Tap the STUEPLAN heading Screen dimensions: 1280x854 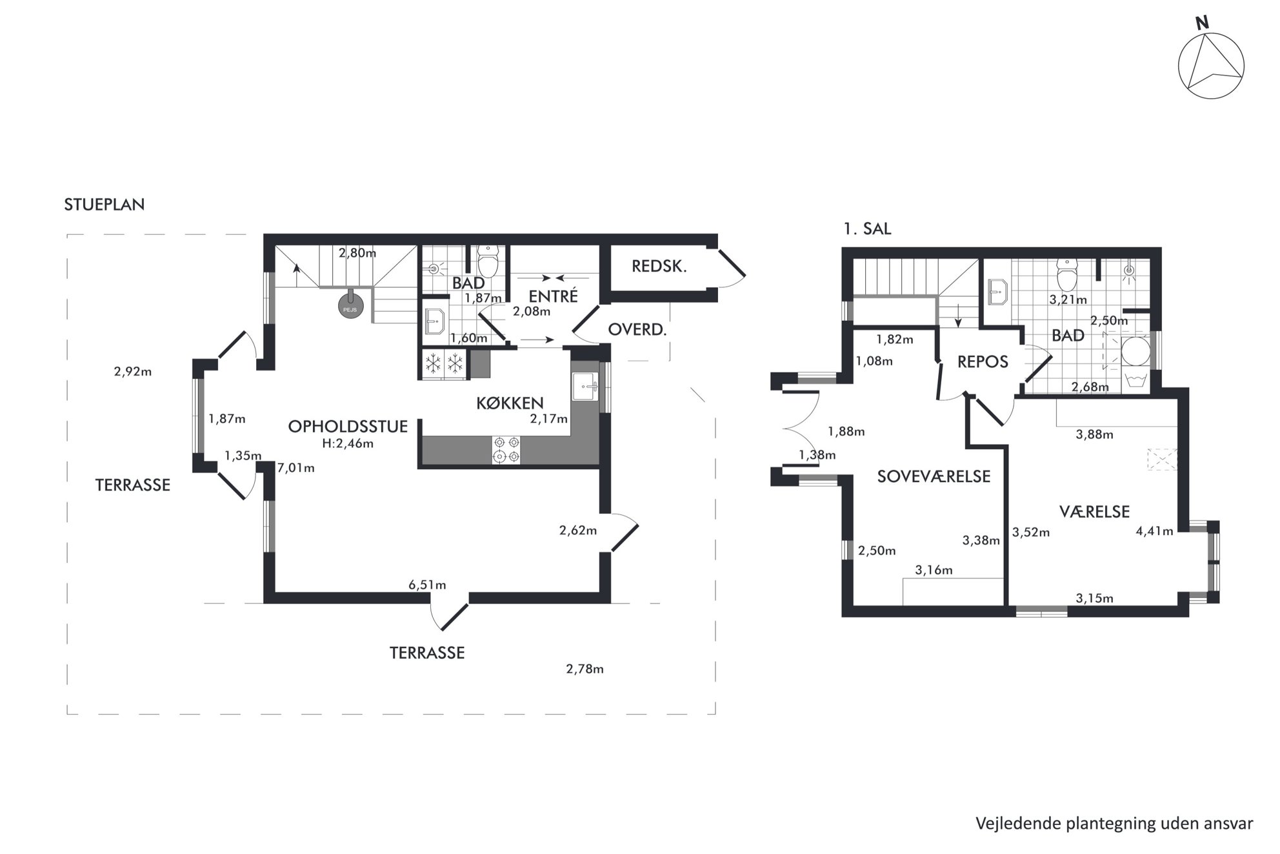pos(105,205)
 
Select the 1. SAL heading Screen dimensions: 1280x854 pos(868,229)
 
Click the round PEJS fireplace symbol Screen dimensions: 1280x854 pos(349,306)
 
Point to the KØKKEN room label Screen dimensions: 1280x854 pos(510,403)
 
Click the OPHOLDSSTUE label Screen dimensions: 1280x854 pos(348,426)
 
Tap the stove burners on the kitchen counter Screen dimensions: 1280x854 pos(506,449)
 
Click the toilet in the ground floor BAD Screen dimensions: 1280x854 pos(488,261)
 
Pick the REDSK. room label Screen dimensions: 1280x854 pos(659,266)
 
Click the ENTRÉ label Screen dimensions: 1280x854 pos(553,296)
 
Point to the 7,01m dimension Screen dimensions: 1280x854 pos(296,468)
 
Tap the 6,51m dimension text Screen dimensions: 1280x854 pos(427,585)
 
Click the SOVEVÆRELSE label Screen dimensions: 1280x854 pos(934,476)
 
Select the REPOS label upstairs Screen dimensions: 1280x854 pos(983,362)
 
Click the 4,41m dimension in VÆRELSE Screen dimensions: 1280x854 pos(1154,531)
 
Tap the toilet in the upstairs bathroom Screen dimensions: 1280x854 pos(1068,276)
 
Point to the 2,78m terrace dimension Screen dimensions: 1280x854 pos(585,669)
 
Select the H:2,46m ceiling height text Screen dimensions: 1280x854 pos(348,443)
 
